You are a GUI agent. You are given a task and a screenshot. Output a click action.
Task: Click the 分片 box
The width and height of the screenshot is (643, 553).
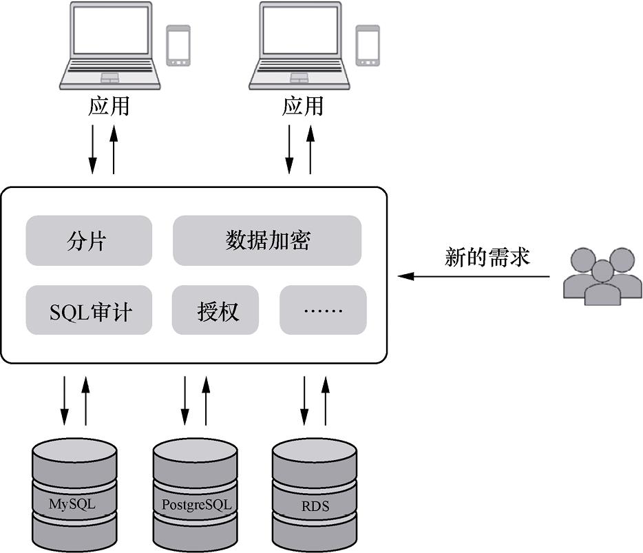(x=88, y=240)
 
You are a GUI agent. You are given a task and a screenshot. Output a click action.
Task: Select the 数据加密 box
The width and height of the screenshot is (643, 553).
(x=267, y=240)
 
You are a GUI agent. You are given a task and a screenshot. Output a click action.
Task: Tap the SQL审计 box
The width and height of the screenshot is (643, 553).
(x=89, y=311)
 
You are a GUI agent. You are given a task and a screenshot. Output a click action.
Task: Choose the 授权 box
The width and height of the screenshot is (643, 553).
(x=218, y=311)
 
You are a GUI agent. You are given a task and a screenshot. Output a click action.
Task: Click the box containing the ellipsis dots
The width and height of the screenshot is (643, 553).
(x=323, y=311)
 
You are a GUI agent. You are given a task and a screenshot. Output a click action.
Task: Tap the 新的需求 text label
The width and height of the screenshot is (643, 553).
(x=487, y=258)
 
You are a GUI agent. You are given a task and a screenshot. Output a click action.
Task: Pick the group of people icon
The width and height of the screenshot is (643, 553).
(x=602, y=276)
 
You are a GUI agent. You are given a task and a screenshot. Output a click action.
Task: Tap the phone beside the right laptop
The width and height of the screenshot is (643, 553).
(x=368, y=45)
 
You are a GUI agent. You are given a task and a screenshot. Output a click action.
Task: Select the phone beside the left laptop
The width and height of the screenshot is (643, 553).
(x=178, y=45)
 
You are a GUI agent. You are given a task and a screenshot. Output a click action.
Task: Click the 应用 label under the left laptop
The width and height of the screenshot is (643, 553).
(x=109, y=107)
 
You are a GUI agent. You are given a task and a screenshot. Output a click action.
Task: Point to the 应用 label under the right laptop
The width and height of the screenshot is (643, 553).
(x=302, y=107)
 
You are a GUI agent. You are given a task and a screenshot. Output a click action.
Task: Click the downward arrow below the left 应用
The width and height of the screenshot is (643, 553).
(x=92, y=149)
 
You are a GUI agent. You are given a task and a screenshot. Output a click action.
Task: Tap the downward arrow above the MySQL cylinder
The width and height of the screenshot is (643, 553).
(x=64, y=400)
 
